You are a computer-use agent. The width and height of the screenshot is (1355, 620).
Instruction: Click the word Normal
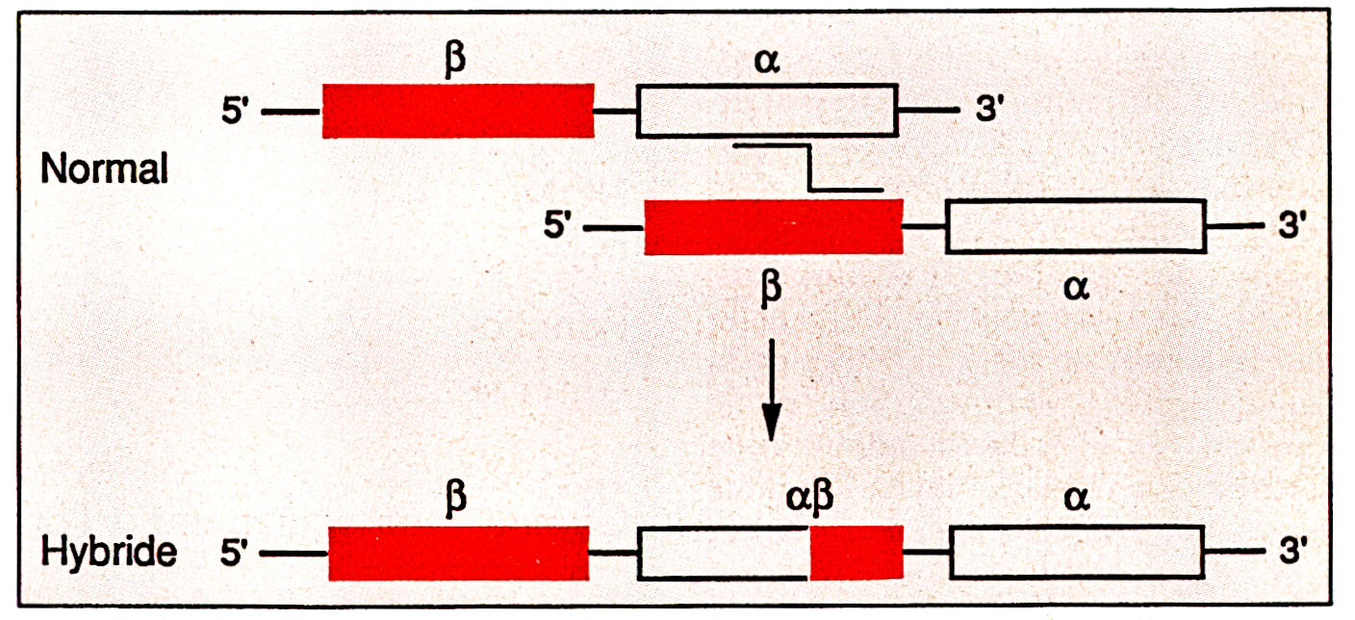pos(105,170)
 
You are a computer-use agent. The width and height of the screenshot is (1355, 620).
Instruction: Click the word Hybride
pos(110,553)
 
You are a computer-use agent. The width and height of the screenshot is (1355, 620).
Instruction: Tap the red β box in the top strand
pos(458,111)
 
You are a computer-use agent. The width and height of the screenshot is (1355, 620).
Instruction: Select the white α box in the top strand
pos(767,111)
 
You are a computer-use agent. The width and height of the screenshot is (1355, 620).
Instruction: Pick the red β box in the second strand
pos(774,227)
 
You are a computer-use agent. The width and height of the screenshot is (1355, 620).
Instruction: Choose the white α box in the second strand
pos(1076,227)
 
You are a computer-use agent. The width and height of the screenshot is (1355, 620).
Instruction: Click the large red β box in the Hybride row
pos(458,554)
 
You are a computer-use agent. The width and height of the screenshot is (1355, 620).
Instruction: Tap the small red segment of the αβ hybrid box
pos(856,554)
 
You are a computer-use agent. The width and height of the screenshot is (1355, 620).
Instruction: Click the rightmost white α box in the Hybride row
pos(1078,554)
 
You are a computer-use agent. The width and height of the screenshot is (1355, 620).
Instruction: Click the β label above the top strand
pos(457,60)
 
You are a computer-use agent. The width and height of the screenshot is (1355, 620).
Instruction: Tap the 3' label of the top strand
pos(992,112)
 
